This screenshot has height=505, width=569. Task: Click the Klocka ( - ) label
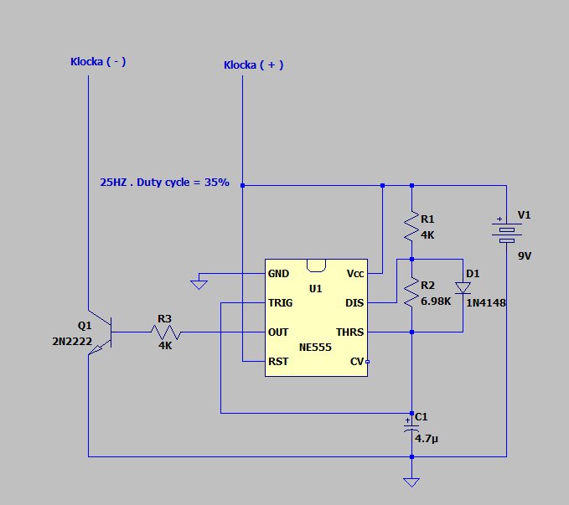tap(98, 61)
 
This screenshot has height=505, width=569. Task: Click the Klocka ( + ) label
tap(253, 65)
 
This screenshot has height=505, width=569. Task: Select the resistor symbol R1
tap(411, 225)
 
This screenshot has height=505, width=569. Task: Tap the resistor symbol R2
tap(411, 292)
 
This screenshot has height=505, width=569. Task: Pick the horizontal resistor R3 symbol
tap(165, 332)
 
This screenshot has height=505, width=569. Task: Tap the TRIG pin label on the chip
tap(280, 302)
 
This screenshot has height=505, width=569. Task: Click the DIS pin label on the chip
tap(354, 302)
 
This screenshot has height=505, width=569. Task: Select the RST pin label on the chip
tap(278, 361)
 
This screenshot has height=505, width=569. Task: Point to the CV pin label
tap(356, 361)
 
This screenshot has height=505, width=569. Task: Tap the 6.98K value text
tap(437, 300)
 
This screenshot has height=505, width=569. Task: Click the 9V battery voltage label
tap(525, 256)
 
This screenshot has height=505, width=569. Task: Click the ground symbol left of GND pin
tap(199, 284)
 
